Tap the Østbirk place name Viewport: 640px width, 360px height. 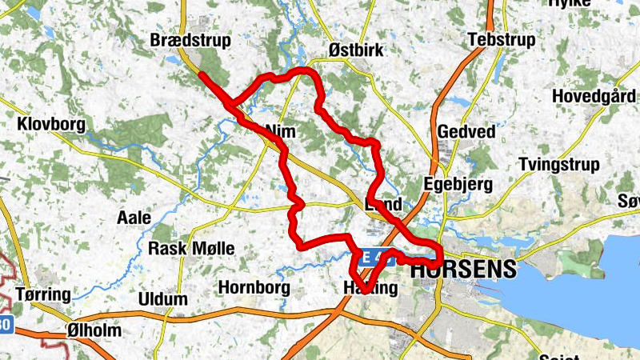357,50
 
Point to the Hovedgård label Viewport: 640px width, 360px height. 594,96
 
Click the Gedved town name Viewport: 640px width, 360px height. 466,132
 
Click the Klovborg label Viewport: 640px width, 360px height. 51,125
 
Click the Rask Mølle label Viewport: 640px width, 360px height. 191,249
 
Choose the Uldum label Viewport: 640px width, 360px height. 162,299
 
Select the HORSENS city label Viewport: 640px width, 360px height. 463,270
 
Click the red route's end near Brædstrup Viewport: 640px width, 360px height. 201,74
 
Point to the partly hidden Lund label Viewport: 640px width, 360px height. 382,205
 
